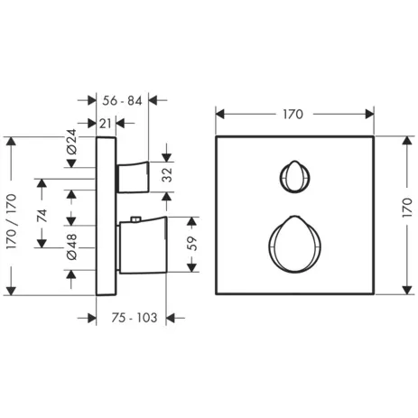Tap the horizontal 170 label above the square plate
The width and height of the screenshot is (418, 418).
(294, 114)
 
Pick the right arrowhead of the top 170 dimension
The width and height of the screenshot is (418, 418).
(369, 114)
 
